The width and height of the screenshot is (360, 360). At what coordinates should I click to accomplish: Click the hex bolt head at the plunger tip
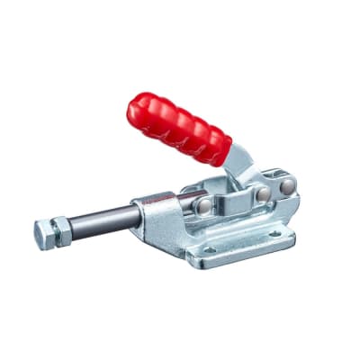[45, 235]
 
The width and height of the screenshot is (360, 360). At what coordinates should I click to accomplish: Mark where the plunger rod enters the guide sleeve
[139, 214]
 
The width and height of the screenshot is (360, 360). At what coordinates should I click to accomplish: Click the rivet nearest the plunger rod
[205, 206]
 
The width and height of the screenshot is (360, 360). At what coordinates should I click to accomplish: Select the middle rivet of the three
[262, 194]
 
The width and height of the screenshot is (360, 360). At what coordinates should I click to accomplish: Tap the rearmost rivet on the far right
[286, 186]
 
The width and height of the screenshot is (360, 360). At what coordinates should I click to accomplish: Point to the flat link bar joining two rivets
[234, 199]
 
